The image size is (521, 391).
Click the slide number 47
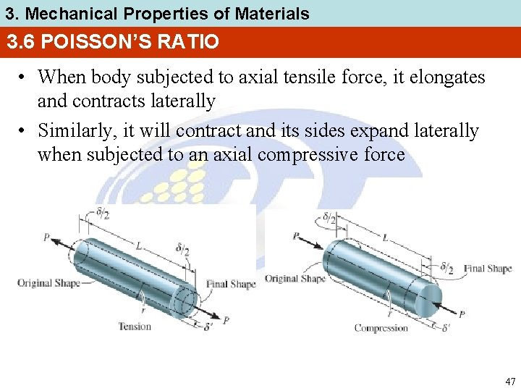[510, 381]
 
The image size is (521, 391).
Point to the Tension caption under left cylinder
[135, 327]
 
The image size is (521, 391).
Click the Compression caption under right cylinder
[381, 328]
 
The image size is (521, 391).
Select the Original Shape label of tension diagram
[48, 282]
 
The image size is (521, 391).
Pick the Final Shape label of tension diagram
[231, 284]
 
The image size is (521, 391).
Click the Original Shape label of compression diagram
[295, 279]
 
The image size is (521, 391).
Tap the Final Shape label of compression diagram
[488, 269]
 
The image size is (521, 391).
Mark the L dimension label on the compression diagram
[384, 237]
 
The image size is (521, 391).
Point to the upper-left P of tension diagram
[46, 237]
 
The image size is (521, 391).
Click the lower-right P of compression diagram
[462, 314]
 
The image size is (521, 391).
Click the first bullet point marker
[24, 77]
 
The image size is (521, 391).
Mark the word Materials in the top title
[272, 13]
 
